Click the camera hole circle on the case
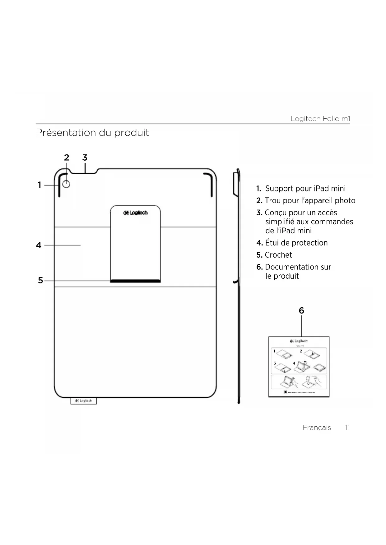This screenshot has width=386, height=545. point(66,184)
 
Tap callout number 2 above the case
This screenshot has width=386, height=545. point(67,158)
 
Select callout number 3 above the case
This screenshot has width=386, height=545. point(85,158)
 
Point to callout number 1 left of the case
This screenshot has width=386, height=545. point(40,185)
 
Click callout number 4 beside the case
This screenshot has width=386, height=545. point(39,245)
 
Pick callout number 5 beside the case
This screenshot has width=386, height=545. point(40,281)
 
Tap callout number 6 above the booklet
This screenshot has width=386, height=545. point(301,311)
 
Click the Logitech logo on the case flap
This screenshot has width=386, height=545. point(136,213)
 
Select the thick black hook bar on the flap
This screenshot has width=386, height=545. point(135,281)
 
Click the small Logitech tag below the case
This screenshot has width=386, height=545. point(83,401)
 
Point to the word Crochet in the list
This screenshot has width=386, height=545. point(278,255)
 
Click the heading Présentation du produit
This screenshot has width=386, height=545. point(92,133)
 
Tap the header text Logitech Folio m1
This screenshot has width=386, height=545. point(320,119)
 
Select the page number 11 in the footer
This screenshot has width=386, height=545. point(347,428)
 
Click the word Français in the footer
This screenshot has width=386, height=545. point(317,428)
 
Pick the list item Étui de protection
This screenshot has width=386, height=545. point(296,243)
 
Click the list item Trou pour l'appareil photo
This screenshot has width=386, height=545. point(310,201)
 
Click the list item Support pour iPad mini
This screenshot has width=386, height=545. point(305,189)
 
